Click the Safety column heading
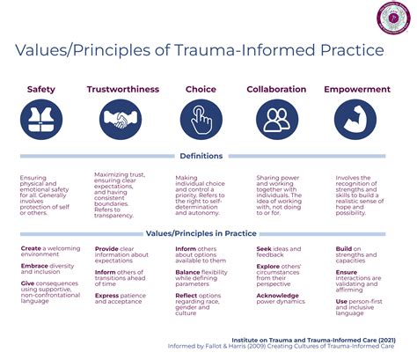(x=41, y=90)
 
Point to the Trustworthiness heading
(x=121, y=90)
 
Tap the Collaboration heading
(x=276, y=90)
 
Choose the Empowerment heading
(x=357, y=90)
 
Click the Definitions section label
(x=201, y=156)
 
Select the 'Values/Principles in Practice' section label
(x=201, y=233)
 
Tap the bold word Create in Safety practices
(x=31, y=249)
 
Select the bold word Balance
(x=189, y=274)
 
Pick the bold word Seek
(x=264, y=249)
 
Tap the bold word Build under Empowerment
(x=344, y=249)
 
